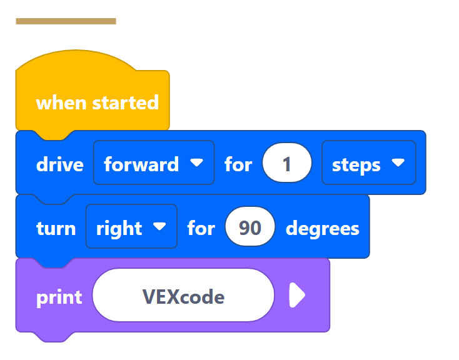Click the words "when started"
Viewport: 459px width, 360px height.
98,102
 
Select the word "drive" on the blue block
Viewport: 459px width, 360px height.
59,164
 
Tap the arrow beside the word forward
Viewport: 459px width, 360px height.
197,163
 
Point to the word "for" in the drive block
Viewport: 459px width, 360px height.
238,164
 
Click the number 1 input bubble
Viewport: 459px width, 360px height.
287,164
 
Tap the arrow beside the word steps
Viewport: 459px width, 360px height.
398,163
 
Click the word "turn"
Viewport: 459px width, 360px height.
56,228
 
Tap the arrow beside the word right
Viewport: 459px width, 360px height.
160,226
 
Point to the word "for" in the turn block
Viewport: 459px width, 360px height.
201,228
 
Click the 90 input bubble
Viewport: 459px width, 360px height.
250,227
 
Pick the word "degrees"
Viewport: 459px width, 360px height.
322,228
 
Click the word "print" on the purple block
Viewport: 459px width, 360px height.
59,297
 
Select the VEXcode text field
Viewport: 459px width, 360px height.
183,296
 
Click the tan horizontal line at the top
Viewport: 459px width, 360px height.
66,21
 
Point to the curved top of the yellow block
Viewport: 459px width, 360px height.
75,59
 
